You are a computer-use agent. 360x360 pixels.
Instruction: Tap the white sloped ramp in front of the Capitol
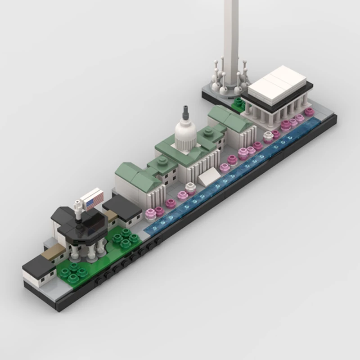pos(208,177)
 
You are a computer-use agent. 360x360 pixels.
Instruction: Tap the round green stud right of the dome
pos(207,131)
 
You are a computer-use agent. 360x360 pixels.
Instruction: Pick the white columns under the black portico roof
pos(85,250)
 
